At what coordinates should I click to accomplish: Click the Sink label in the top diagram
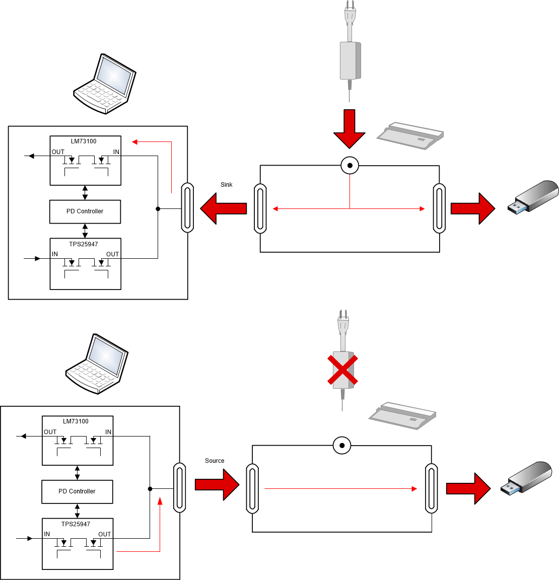(x=227, y=185)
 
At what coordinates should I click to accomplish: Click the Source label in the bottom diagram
(x=215, y=461)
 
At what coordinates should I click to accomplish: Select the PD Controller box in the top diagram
(x=85, y=211)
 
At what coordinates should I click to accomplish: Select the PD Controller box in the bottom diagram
(x=77, y=491)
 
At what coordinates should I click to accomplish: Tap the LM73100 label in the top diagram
(x=84, y=141)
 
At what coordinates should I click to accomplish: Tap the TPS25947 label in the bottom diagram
(x=76, y=524)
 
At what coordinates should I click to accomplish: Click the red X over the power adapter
(x=342, y=370)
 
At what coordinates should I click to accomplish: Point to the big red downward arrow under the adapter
(x=349, y=129)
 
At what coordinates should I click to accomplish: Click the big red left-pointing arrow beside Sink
(x=224, y=208)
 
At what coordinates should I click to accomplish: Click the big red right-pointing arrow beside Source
(x=217, y=484)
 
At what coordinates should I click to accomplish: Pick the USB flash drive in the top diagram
(x=533, y=196)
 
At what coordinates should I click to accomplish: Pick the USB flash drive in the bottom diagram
(x=526, y=478)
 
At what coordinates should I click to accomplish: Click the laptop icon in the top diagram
(x=105, y=84)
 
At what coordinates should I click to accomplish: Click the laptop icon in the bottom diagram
(x=97, y=364)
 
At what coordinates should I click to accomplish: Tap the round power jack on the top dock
(x=350, y=165)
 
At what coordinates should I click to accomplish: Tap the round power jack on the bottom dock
(x=342, y=446)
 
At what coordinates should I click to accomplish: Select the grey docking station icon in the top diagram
(x=410, y=136)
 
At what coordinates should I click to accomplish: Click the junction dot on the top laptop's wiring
(x=158, y=209)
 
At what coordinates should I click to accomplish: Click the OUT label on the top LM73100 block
(x=58, y=152)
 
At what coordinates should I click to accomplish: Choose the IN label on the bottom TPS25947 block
(x=47, y=534)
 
